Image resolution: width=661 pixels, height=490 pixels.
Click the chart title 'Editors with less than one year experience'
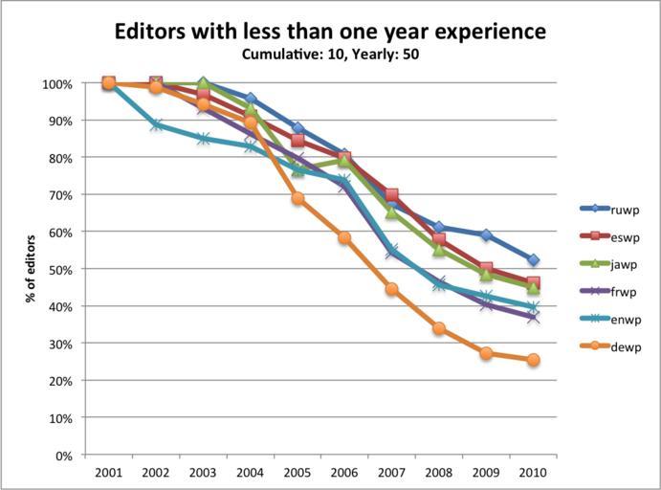(x=330, y=31)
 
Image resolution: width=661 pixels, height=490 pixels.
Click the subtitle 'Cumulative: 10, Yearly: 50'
(x=330, y=54)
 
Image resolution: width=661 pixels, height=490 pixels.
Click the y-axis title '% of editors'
(x=33, y=269)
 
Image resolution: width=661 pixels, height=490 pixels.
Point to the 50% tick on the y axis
(x=59, y=270)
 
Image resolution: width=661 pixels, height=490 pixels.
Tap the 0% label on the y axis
(x=63, y=456)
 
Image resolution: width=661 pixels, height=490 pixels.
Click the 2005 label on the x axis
(x=297, y=472)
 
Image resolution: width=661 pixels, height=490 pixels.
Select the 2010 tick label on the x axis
(x=533, y=472)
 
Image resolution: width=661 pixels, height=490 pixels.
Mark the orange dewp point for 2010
(x=533, y=360)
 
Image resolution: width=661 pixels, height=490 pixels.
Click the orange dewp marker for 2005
(x=297, y=198)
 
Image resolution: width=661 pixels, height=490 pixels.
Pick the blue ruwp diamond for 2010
(x=533, y=260)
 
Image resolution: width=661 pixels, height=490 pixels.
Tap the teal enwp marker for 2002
(x=156, y=124)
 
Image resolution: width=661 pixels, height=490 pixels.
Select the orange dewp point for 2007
(x=391, y=288)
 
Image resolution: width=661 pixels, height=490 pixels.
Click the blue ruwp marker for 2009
(x=486, y=234)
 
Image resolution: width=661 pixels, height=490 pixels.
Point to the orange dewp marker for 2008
(x=438, y=328)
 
